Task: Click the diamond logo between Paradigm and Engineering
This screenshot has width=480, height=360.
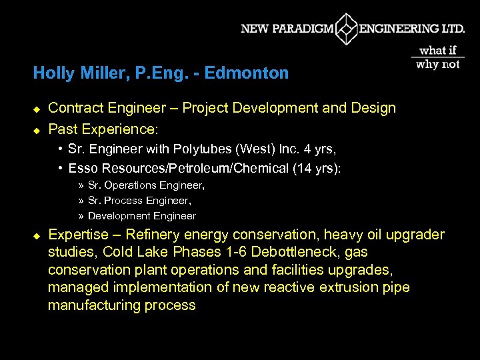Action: coord(346,29)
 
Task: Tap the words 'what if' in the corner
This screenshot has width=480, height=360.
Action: coord(438,50)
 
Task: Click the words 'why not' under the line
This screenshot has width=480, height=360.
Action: coord(438,64)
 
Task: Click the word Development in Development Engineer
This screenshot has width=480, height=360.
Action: coord(119,216)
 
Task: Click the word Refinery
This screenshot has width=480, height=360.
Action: coord(160,235)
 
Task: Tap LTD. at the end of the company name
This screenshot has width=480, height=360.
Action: coord(452,29)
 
